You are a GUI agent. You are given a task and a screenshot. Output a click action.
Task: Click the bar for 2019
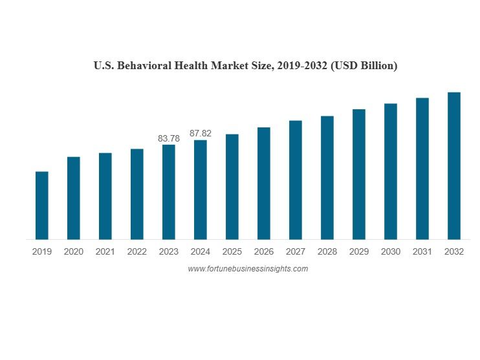click(41, 206)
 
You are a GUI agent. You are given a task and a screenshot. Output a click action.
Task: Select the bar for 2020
click(73, 198)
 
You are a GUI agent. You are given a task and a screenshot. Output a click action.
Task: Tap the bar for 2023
click(169, 192)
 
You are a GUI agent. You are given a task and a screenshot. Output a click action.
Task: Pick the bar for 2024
click(201, 189)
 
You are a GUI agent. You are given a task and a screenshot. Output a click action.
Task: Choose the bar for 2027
click(296, 180)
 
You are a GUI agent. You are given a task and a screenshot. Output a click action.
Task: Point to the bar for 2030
click(391, 171)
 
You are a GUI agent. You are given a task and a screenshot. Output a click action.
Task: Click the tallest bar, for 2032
click(454, 165)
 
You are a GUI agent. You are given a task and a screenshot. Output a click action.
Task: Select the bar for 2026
click(264, 183)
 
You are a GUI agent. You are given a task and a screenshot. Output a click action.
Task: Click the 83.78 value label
click(169, 138)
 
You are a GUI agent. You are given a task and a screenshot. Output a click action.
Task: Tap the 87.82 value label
click(201, 133)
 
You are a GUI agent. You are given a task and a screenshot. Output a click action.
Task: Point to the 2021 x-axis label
click(105, 252)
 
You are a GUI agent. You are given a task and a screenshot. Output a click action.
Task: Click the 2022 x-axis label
click(137, 252)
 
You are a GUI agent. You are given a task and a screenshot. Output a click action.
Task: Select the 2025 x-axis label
click(232, 252)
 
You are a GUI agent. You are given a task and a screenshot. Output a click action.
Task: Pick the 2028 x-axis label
click(327, 252)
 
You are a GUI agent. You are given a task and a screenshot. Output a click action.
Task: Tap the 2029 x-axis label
click(359, 252)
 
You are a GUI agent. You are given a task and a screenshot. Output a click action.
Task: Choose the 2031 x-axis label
click(422, 252)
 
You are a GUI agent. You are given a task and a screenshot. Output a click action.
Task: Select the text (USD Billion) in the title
click(364, 65)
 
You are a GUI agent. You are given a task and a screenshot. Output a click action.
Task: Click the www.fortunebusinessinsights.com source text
click(248, 269)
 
